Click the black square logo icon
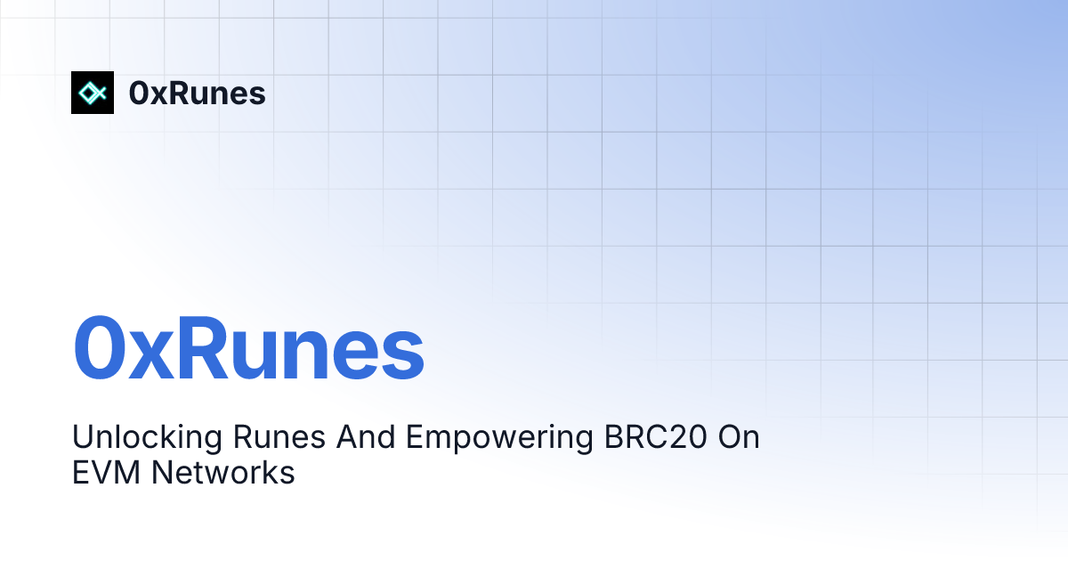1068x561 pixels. coord(93,93)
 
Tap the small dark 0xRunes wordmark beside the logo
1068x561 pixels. coord(197,93)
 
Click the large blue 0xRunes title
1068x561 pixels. coord(248,348)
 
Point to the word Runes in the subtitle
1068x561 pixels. coord(279,437)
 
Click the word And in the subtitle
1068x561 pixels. coord(366,437)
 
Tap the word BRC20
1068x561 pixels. coord(656,437)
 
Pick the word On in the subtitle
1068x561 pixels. coord(739,437)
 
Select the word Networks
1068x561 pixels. coord(223,473)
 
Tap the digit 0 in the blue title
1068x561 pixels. coord(98,348)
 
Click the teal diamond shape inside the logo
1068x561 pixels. coord(89,93)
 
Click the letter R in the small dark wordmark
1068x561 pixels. coord(178,93)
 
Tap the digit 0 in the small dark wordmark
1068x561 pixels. coord(139,93)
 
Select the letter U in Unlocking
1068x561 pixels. coord(83,437)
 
